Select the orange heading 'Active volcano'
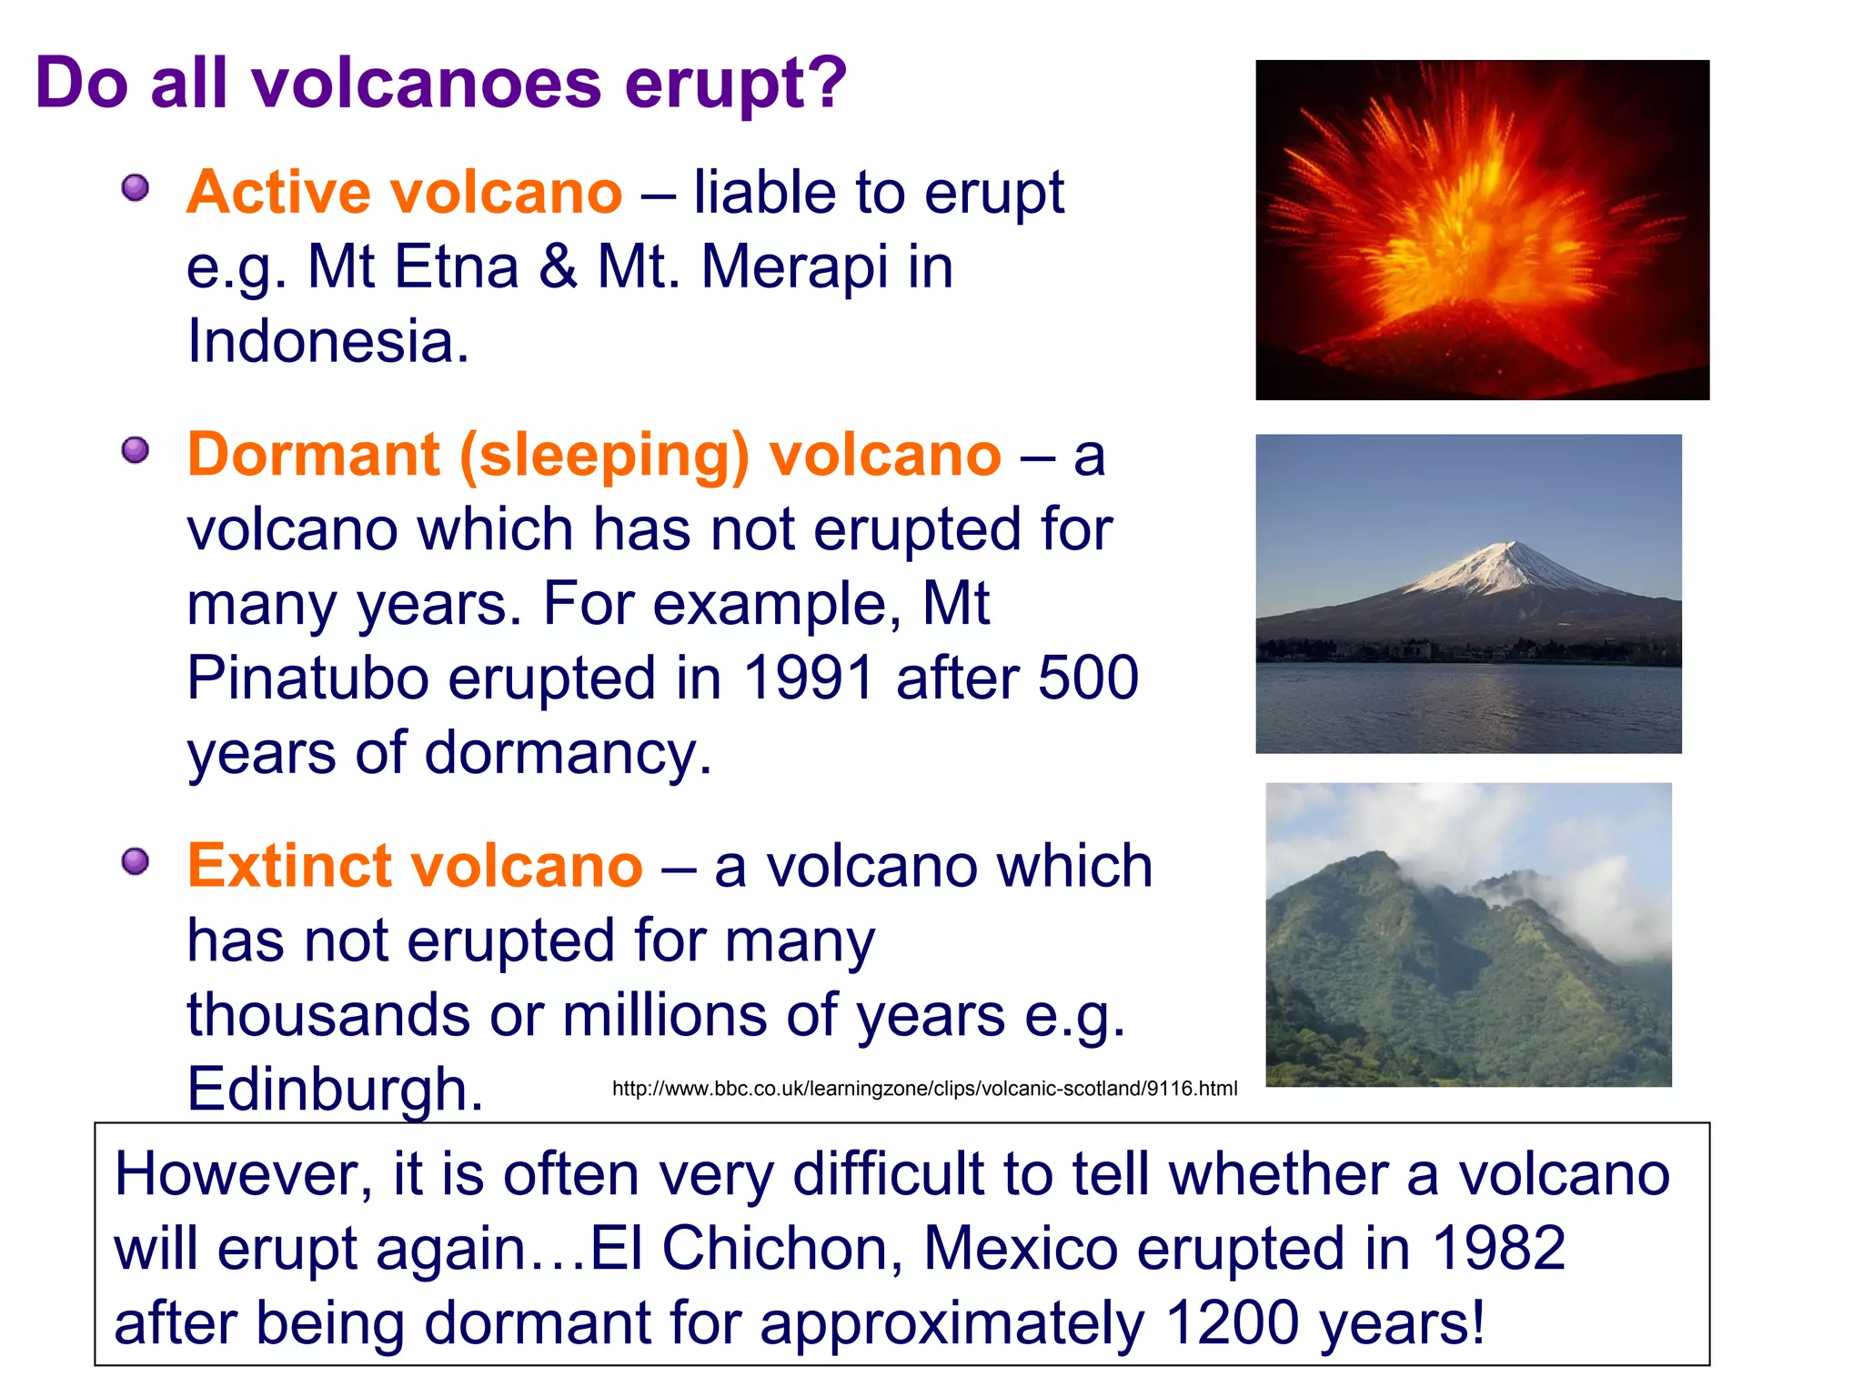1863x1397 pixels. pos(404,193)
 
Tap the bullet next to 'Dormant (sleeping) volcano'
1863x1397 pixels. pos(136,449)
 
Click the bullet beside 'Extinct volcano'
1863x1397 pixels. pos(136,860)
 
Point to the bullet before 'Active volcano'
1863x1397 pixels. pos(136,188)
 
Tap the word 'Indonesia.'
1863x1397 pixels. pos(327,341)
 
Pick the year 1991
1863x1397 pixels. pos(809,678)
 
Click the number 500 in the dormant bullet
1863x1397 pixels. pos(1088,678)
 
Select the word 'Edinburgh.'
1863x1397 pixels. pos(334,1090)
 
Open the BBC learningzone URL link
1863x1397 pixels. pos(924,1089)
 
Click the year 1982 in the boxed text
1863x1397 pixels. pos(1498,1248)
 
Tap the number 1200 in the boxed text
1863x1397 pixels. pos(1232,1322)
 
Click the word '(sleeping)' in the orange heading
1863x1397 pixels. pos(604,456)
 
